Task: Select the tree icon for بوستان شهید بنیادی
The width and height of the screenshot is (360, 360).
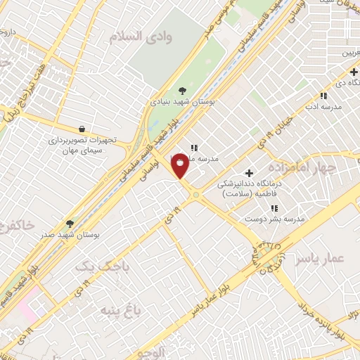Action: pos(183,90)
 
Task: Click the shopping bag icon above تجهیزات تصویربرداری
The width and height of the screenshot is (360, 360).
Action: pos(83,129)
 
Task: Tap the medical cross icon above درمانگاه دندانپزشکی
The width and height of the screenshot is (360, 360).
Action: pos(249,172)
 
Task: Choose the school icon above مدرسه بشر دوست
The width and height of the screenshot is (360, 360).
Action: pos(275,207)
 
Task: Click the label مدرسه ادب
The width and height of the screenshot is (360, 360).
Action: pos(323,106)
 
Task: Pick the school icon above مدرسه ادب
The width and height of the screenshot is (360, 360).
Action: pos(323,95)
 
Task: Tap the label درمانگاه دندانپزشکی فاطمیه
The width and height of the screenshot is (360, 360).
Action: pos(251,188)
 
